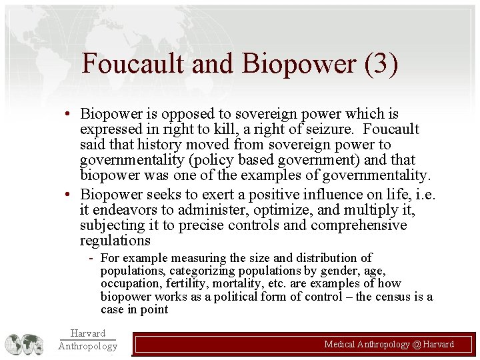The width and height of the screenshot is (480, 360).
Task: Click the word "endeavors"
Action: coord(125,210)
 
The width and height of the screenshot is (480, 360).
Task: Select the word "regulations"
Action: coord(115,240)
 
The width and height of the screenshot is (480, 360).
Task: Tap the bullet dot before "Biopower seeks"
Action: coord(69,195)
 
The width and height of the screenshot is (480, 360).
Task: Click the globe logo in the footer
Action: coord(24,343)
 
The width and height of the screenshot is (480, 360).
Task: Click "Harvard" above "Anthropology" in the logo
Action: coord(87,333)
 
